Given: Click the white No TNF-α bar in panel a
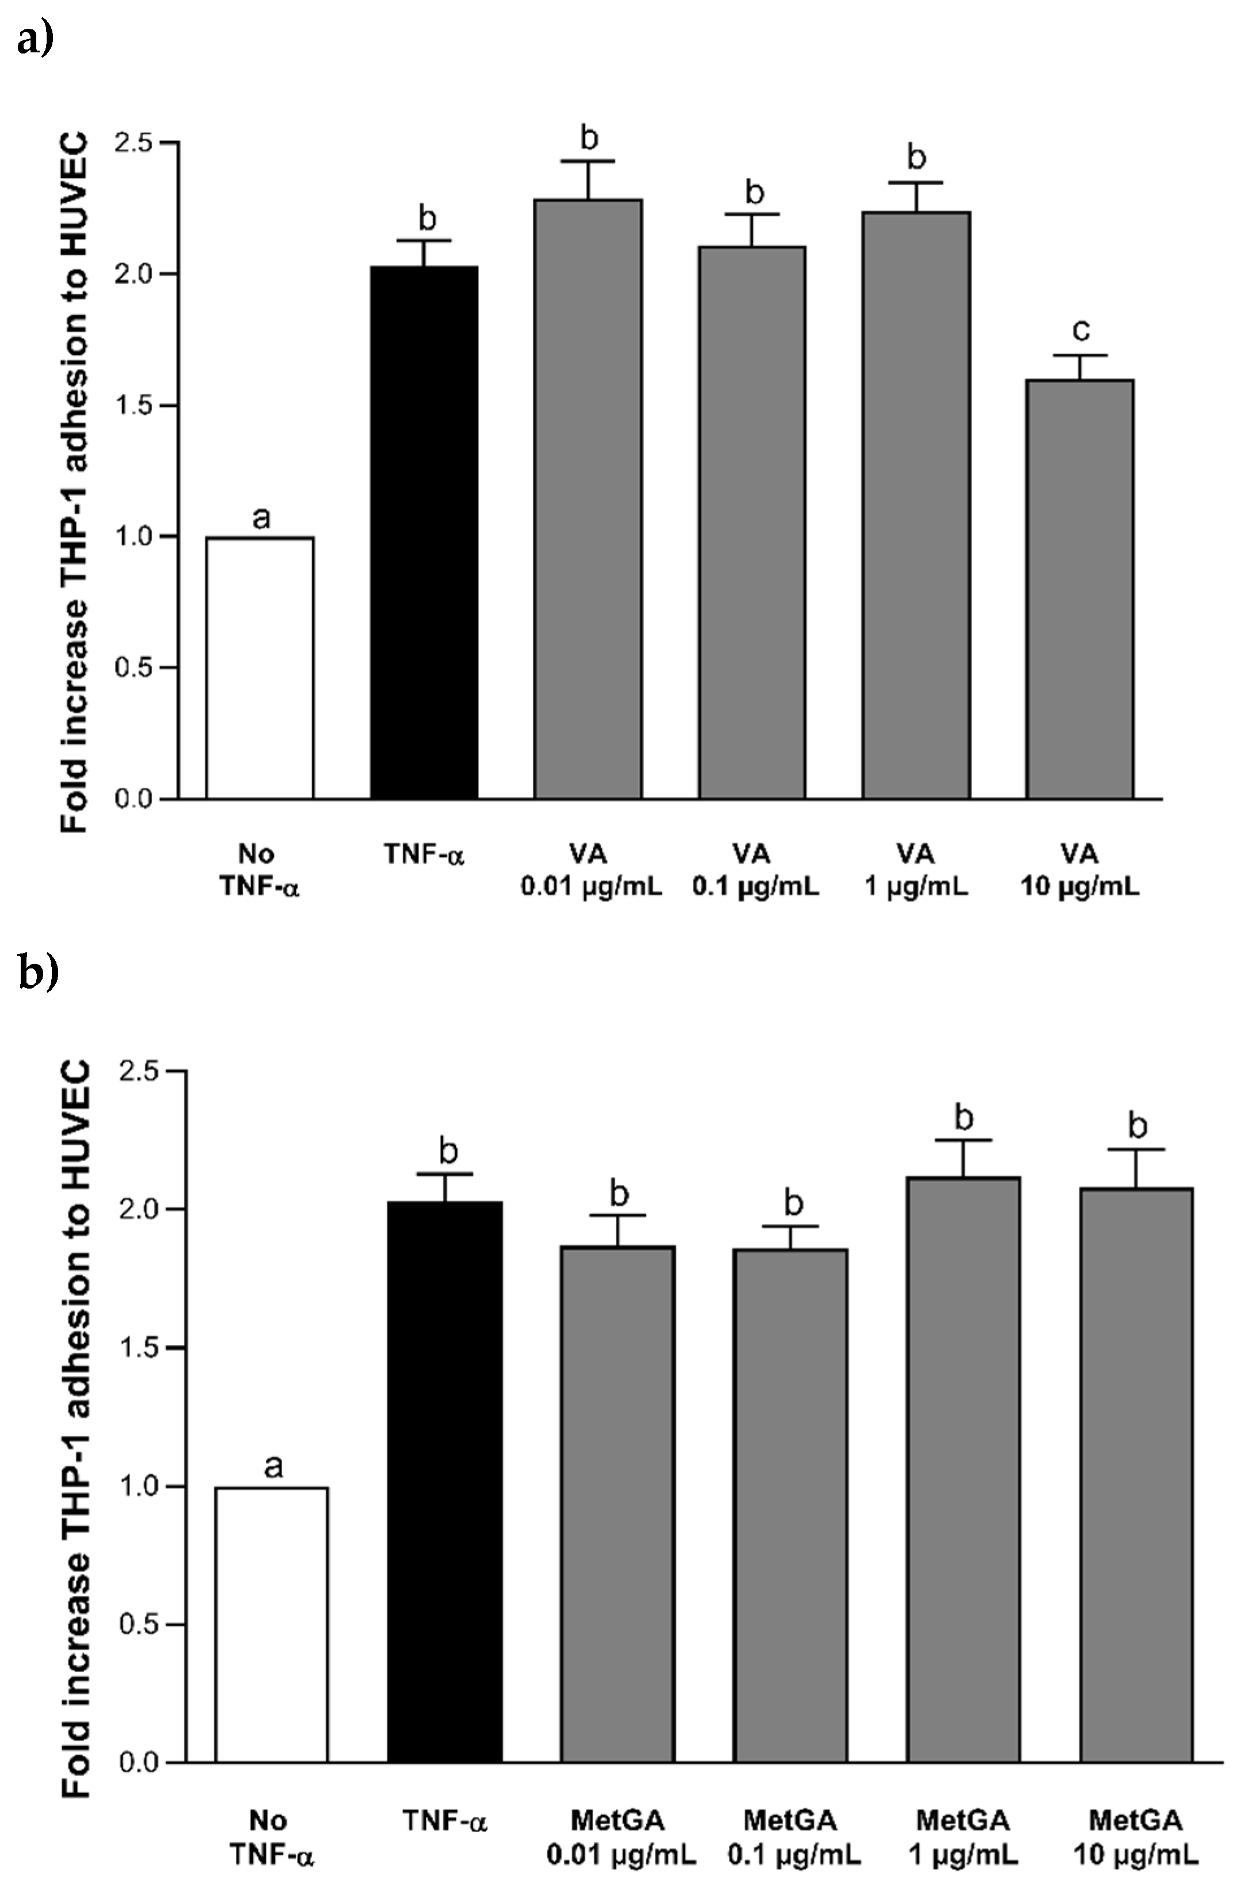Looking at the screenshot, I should (260, 667).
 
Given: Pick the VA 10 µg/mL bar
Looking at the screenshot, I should (1079, 589).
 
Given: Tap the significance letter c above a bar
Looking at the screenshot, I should (1081, 329).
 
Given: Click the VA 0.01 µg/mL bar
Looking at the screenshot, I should (588, 499).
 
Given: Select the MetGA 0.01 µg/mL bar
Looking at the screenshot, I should (618, 1503).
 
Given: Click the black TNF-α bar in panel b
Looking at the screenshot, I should (444, 1480).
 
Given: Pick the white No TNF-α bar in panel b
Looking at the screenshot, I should (272, 1623).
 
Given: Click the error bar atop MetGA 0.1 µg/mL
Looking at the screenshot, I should (792, 1237).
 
